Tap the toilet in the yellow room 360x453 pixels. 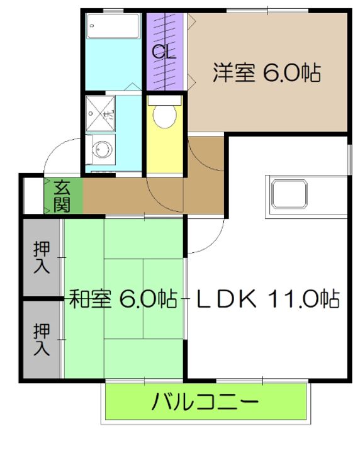pos(165,116)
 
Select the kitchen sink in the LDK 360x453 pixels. pos(289,193)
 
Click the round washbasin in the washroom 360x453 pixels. pos(101,150)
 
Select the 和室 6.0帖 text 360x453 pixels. pos(122,298)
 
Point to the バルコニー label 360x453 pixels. pos(205,401)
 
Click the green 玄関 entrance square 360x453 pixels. pos(62,195)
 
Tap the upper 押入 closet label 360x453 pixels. pos(42,257)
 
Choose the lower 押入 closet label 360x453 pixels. pos(42,340)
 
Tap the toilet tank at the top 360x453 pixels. pos(165,99)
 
